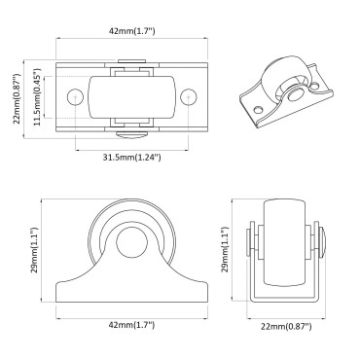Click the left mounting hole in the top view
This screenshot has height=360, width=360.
(76, 95)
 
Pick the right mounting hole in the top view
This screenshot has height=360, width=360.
(189, 95)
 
